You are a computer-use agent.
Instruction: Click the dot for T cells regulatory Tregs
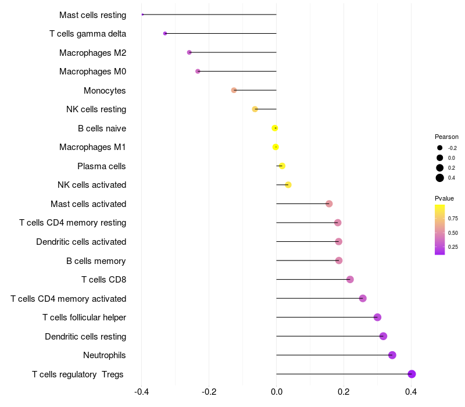point(412,374)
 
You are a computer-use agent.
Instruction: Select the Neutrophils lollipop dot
point(392,355)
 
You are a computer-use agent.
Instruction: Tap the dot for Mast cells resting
point(142,15)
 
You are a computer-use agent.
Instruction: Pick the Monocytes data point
point(234,90)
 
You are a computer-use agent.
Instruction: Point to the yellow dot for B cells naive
point(275,128)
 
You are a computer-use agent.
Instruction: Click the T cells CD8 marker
point(350,280)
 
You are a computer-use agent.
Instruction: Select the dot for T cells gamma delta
point(165,34)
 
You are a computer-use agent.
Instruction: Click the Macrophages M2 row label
point(92,53)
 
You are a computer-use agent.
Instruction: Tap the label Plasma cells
point(101,166)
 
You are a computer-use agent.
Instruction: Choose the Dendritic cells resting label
point(85,337)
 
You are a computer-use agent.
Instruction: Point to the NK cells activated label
point(92,185)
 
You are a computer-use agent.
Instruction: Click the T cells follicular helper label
point(84,317)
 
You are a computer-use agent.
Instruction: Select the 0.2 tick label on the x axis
point(344,392)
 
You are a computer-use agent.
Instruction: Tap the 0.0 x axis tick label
point(276,392)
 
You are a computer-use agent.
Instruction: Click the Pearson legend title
point(446,137)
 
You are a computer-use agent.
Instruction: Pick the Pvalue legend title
point(445,198)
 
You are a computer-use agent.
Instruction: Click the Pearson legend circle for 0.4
point(440,178)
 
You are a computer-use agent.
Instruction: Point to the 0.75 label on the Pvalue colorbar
point(453,219)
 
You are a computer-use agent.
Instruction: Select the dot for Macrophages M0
point(198,72)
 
